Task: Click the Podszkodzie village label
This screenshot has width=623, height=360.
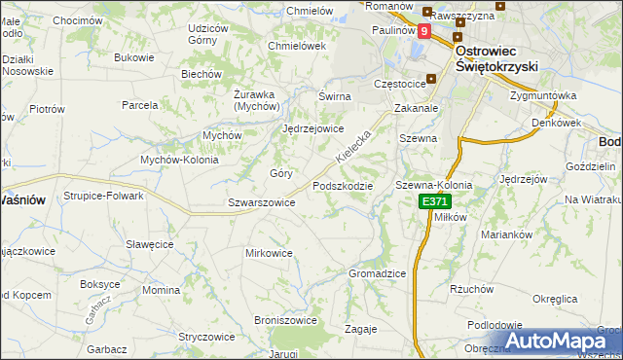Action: (342, 186)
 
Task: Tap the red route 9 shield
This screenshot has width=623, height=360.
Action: (424, 31)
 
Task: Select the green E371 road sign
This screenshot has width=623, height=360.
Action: (434, 201)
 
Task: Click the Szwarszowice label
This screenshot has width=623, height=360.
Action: (261, 202)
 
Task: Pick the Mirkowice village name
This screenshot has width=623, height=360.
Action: (269, 253)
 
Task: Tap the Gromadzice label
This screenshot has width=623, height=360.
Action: (377, 273)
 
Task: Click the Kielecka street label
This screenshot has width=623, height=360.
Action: (353, 142)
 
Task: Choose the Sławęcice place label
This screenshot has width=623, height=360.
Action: (149, 244)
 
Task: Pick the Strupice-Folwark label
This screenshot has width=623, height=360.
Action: (103, 196)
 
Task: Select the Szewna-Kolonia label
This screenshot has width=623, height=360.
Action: (433, 185)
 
